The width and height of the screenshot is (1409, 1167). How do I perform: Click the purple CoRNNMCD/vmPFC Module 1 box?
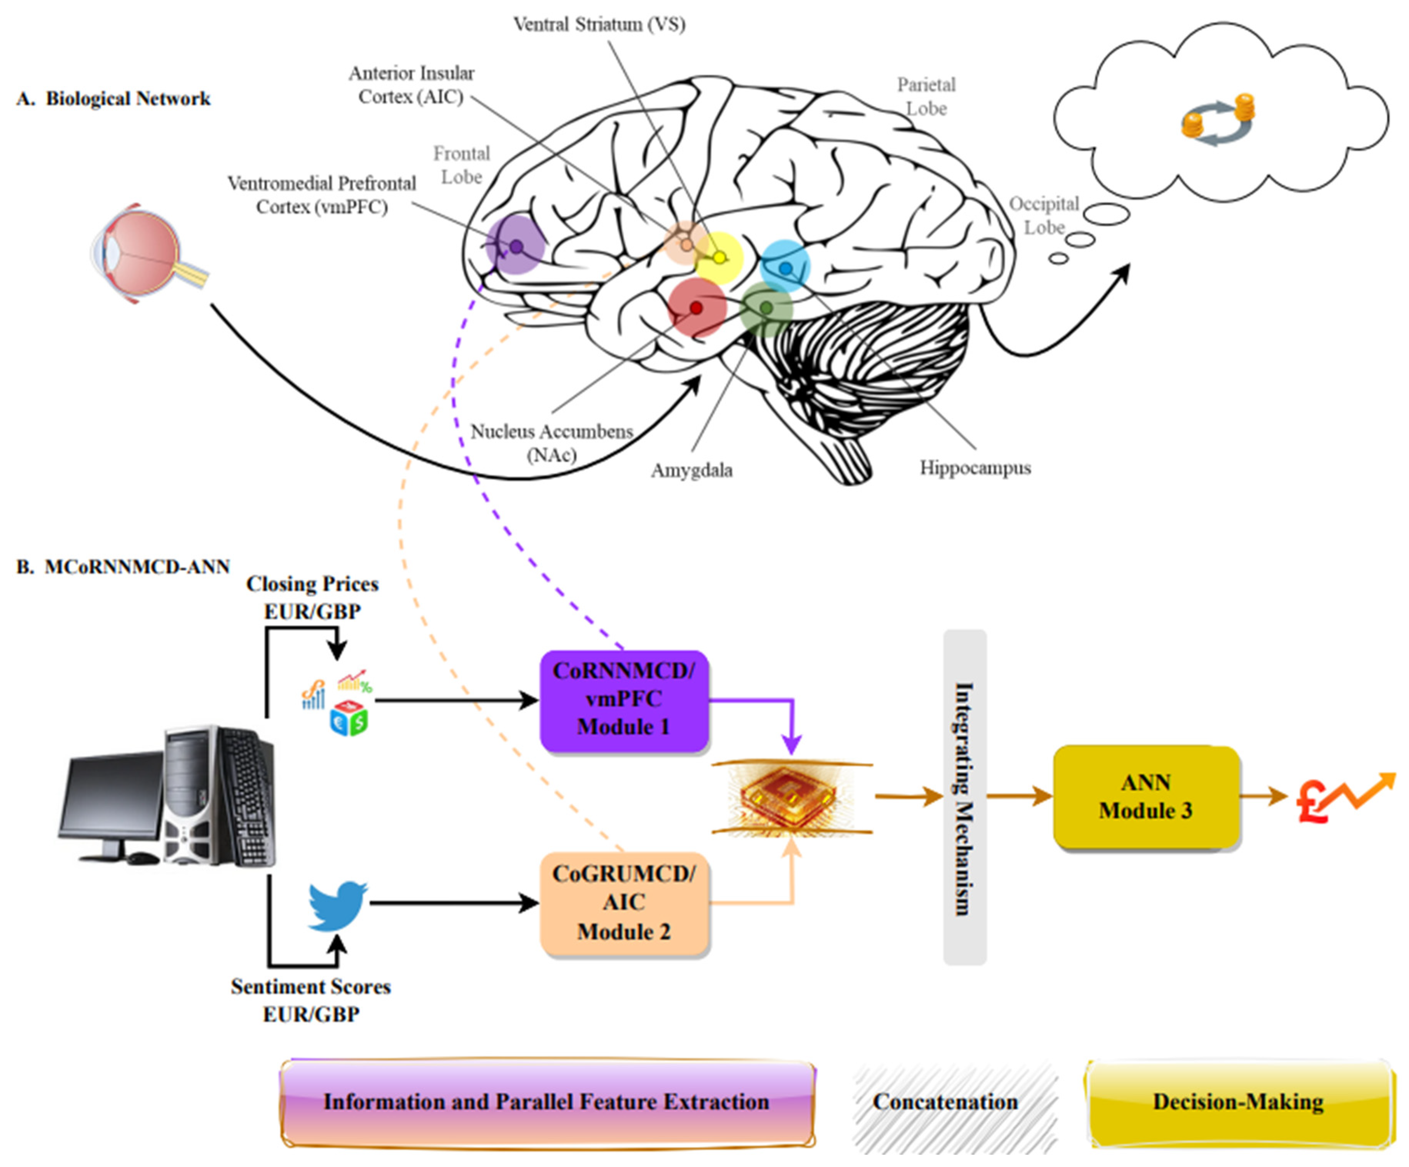[624, 700]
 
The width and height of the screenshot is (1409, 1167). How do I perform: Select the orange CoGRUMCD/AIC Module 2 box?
[624, 903]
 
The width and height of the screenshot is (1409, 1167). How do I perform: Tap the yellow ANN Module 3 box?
[1146, 796]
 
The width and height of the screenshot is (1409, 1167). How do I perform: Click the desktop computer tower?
[218, 795]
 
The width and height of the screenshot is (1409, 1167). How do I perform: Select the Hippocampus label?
[975, 468]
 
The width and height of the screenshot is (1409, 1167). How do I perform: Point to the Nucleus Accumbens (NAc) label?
[551, 443]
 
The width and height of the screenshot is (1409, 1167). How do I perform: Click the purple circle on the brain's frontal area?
[515, 245]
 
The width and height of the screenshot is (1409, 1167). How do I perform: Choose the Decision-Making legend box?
[1238, 1102]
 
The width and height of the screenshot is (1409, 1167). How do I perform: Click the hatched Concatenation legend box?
[946, 1102]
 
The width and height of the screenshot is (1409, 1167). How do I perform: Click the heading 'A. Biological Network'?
[114, 99]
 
